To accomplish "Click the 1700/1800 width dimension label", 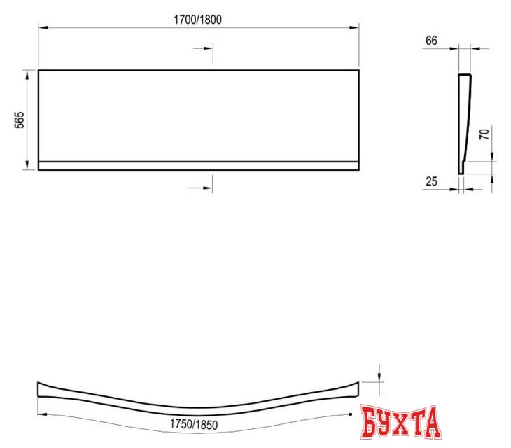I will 198,20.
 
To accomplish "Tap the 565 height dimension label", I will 20,120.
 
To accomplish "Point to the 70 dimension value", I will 483,135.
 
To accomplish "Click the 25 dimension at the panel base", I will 431,181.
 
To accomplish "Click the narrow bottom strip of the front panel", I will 198,166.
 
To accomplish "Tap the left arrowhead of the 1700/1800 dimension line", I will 41,27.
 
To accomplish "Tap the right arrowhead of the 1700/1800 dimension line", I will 356,27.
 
